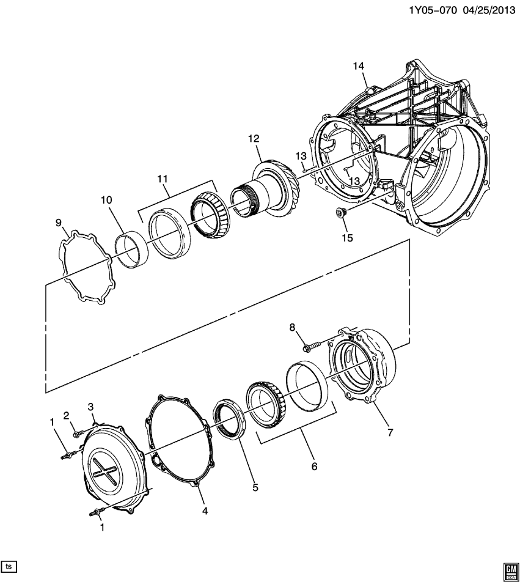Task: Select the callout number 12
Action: (x=254, y=139)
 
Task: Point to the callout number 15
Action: (x=347, y=238)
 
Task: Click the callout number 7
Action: (x=390, y=432)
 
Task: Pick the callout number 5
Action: (x=255, y=487)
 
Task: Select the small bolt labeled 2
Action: (x=76, y=433)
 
